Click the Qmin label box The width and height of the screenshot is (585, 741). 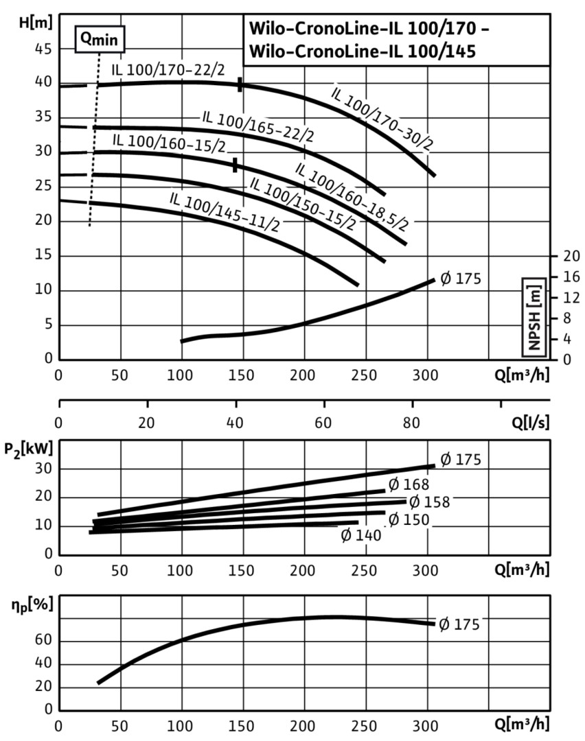coord(100,40)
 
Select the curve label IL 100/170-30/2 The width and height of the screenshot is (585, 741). coord(382,119)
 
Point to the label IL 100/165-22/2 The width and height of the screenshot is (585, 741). coord(257,126)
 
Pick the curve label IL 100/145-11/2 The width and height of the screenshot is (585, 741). coord(224,212)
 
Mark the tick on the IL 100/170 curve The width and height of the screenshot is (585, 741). coord(240,84)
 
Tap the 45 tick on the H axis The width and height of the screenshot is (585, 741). coord(43,49)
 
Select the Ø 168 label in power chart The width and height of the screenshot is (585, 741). coord(408,485)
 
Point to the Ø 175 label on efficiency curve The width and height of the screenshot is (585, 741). coord(459,624)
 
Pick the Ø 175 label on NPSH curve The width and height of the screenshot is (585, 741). coord(459,279)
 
